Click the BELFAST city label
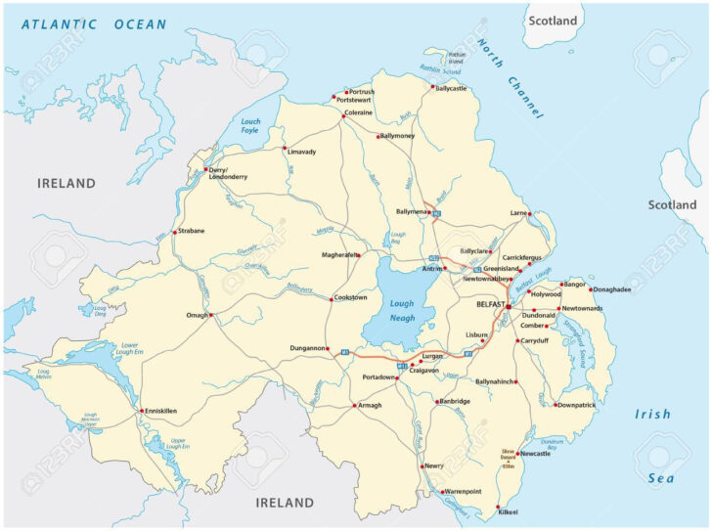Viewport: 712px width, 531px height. pos(488,305)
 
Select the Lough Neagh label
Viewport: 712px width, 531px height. pos(402,311)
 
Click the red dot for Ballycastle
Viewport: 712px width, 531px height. pos(432,86)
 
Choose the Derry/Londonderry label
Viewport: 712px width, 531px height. pos(227,173)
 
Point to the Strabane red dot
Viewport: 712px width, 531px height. pos(174,232)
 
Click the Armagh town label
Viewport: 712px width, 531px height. pos(370,405)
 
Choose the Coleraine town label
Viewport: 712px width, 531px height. pos(357,113)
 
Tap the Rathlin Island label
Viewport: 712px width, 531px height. pos(456,57)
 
